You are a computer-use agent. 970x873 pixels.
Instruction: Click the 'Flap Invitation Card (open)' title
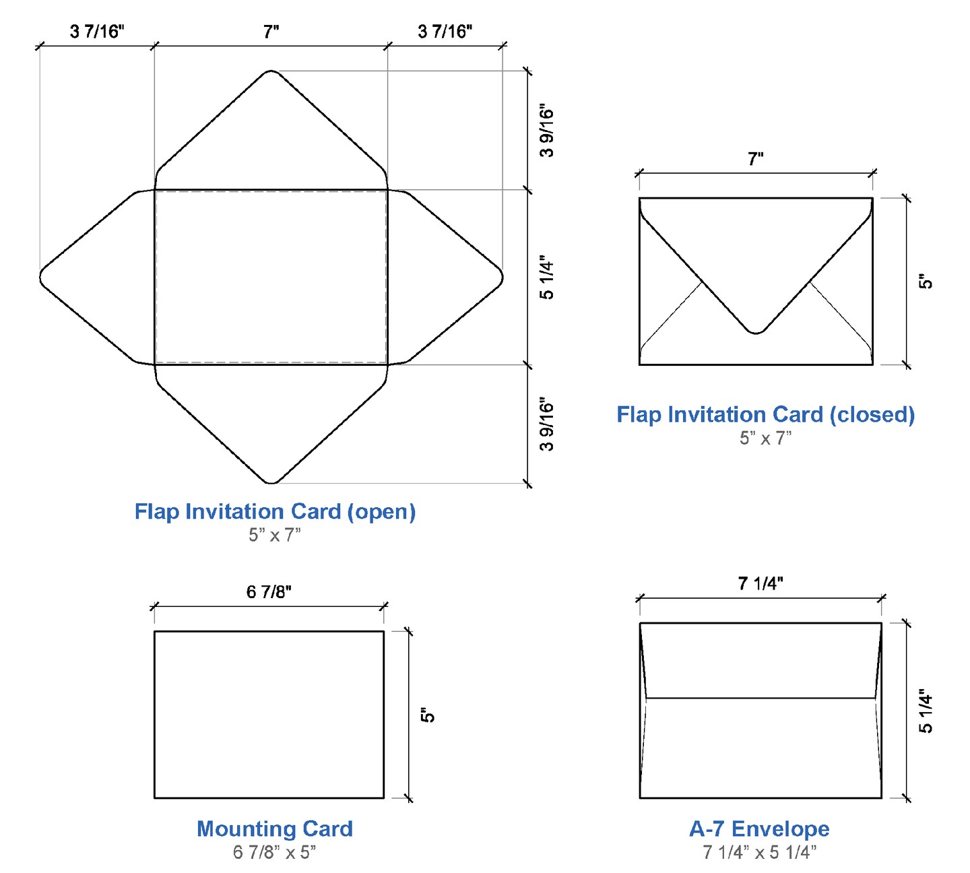275,512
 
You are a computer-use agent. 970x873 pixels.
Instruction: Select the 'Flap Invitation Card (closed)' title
765,415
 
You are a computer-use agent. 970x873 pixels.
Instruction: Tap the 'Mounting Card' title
275,829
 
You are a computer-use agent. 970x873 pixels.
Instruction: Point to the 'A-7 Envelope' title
759,829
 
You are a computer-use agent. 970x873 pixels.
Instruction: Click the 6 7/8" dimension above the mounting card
269,592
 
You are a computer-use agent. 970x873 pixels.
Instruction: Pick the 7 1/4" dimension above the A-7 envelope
761,583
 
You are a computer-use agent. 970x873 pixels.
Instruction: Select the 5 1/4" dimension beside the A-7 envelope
926,711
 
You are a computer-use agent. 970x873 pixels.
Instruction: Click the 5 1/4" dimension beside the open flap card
546,278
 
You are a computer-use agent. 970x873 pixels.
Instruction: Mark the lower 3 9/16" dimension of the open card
546,426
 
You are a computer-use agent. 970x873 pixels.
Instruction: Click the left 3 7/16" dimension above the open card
97,32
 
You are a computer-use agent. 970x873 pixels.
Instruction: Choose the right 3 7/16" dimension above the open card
445,32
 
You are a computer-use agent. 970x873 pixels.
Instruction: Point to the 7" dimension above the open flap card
271,32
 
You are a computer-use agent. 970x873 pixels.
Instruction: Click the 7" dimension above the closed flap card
755,160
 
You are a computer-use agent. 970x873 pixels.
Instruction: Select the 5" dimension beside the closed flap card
926,282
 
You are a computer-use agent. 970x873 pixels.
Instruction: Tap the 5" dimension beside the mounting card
428,715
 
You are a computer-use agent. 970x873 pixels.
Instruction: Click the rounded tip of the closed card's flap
756,331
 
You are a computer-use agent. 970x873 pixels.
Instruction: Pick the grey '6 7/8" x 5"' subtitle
274,853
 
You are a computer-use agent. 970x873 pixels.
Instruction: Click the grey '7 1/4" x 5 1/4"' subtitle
759,853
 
